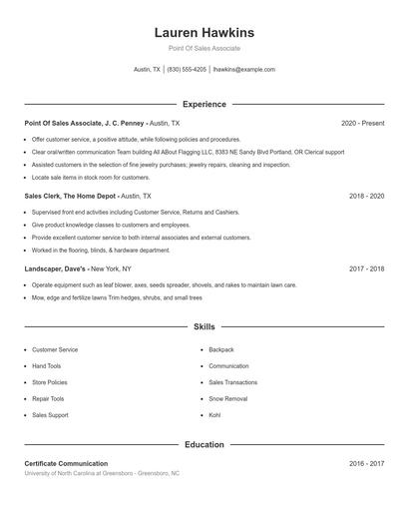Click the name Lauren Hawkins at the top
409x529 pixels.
click(x=204, y=33)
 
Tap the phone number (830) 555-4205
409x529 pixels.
click(x=187, y=70)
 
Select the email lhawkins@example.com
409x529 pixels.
click(x=244, y=70)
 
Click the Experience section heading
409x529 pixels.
click(x=204, y=104)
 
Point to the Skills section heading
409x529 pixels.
click(x=204, y=326)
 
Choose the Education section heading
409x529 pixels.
click(x=204, y=444)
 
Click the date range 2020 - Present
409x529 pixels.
click(x=362, y=123)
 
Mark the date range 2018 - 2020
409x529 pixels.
click(x=366, y=197)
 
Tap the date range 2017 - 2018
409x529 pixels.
click(x=366, y=268)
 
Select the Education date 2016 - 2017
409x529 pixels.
click(x=366, y=463)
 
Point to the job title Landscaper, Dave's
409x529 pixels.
click(x=56, y=268)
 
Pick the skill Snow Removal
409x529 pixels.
click(x=227, y=398)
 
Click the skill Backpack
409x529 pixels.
click(x=220, y=350)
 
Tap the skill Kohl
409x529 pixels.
click(x=214, y=414)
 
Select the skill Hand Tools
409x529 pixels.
click(x=47, y=366)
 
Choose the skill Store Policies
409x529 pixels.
click(x=50, y=382)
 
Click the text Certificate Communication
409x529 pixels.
click(x=66, y=463)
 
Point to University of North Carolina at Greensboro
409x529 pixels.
click(x=79, y=473)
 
